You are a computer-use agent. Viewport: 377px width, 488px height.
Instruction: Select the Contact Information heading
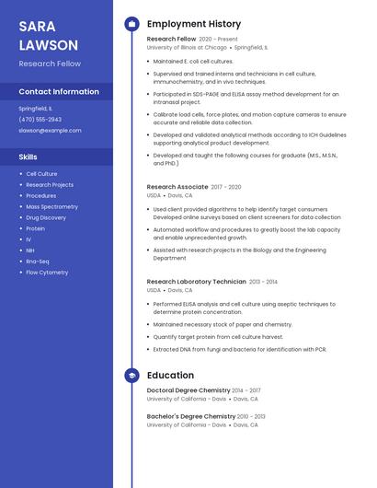(x=59, y=92)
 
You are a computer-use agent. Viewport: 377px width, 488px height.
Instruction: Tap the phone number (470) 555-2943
(x=40, y=119)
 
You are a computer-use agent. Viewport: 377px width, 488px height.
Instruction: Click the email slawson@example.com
(x=50, y=130)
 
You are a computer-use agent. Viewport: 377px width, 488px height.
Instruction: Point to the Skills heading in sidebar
(x=29, y=157)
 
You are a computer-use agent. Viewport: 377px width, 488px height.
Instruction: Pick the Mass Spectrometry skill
(x=51, y=206)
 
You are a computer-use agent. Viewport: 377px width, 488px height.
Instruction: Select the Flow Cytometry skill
(x=47, y=273)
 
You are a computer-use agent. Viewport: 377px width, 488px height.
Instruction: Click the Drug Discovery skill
(x=46, y=217)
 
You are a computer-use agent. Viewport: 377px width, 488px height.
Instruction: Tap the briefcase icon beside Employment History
(x=131, y=24)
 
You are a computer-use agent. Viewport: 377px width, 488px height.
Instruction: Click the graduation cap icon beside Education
(x=131, y=376)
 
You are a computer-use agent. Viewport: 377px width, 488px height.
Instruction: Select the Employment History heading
(x=194, y=24)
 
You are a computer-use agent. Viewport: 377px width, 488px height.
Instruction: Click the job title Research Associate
(x=177, y=187)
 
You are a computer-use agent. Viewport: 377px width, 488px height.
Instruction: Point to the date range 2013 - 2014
(x=263, y=282)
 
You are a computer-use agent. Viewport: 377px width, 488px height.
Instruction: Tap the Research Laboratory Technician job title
(x=196, y=282)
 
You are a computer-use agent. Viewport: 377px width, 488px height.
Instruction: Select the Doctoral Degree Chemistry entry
(x=188, y=390)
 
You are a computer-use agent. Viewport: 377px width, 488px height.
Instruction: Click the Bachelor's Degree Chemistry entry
(x=190, y=416)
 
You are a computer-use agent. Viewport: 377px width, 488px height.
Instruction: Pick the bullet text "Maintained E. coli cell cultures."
(x=193, y=62)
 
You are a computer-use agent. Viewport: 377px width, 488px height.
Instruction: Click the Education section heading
(x=170, y=376)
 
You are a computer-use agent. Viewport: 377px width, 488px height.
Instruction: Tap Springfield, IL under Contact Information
(x=35, y=108)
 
